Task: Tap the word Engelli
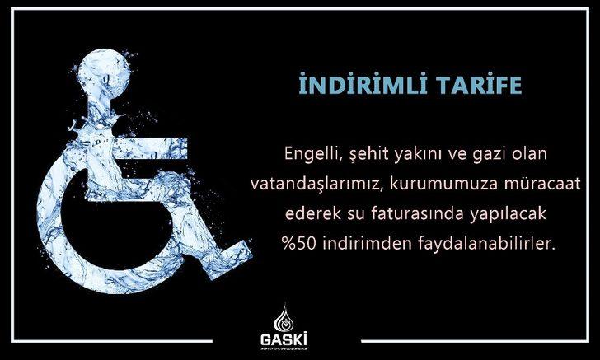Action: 305,154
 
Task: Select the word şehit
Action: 357,154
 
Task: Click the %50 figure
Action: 295,243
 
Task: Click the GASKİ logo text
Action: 300,339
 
